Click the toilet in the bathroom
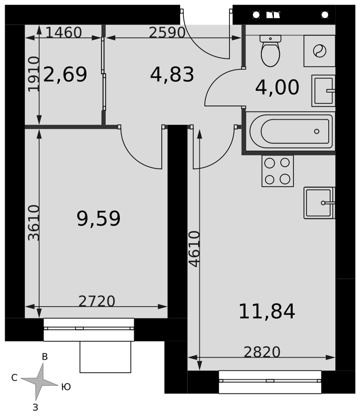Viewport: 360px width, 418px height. coord(270,51)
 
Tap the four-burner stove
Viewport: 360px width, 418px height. coord(278,171)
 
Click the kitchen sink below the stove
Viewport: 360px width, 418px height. coord(319,203)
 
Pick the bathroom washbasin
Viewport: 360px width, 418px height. coord(323,91)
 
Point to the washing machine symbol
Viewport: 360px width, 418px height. coord(319,51)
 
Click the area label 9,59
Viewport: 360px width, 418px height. coord(98,219)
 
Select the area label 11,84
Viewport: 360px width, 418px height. coord(267,311)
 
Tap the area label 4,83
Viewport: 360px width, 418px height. coord(172,75)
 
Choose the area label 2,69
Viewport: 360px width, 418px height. coord(65,74)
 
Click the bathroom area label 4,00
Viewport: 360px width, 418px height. coord(277,87)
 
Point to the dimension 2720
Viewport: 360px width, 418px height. coord(97,301)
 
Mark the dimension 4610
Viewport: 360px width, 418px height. coord(194,249)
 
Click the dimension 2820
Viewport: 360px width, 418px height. coord(262,352)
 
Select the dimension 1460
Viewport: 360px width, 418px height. coord(64,32)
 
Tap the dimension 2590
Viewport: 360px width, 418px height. coord(167,33)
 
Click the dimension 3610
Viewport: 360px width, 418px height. coord(34,223)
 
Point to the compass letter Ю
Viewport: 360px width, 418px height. coord(66,387)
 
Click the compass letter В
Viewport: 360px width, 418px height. coord(45,357)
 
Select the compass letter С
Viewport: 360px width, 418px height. coord(14,377)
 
